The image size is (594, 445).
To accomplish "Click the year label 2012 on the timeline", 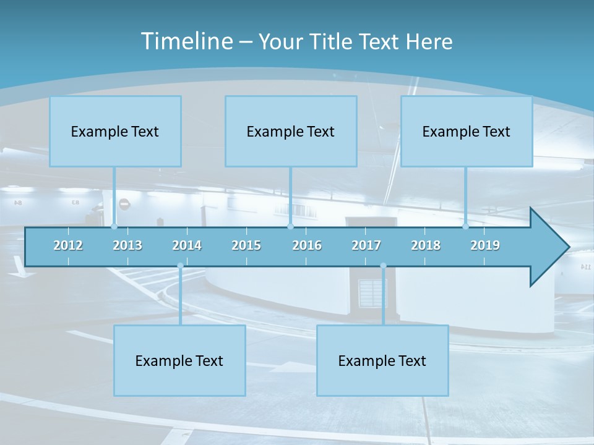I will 68,245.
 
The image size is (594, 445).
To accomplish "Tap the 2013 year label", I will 127,245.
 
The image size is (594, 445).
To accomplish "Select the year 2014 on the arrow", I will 187,245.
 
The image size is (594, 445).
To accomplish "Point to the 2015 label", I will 246,245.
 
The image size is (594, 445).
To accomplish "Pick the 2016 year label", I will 307,245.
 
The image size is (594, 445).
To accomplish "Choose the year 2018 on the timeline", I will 426,245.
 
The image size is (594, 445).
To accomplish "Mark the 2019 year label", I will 485,245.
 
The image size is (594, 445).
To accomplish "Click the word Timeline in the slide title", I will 186,41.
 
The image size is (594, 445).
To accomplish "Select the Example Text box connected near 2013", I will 115,131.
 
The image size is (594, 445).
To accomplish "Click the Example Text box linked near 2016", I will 291,131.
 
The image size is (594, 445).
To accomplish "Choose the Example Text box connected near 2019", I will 467,131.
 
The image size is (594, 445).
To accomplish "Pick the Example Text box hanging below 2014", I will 179,360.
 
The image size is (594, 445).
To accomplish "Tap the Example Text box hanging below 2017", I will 382,360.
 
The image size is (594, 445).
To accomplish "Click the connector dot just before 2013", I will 114,227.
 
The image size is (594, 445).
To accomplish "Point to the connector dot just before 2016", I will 290,227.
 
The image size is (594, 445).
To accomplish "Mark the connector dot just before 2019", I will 466,227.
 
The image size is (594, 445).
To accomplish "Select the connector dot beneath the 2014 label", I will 180,266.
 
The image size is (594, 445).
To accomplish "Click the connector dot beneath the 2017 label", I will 383,266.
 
